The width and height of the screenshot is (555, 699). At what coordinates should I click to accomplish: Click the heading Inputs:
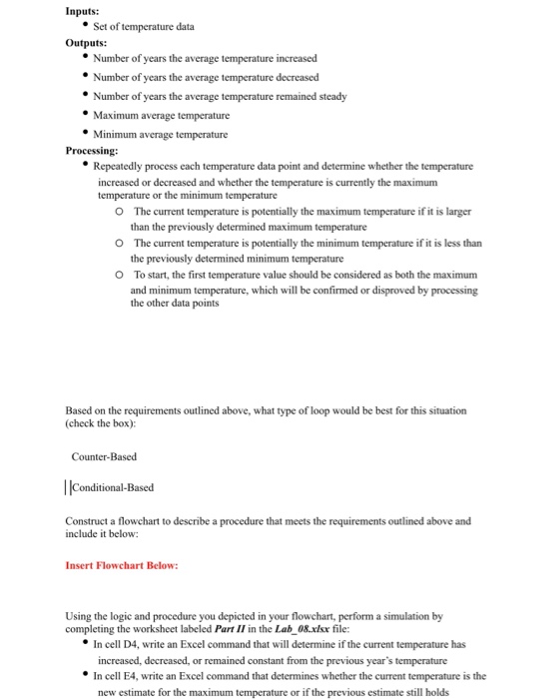click(82, 11)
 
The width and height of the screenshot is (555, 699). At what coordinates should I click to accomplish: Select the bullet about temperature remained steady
click(220, 97)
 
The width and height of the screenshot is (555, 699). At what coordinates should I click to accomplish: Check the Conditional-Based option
click(112, 487)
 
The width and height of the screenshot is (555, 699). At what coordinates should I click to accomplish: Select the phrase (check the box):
click(105, 422)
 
